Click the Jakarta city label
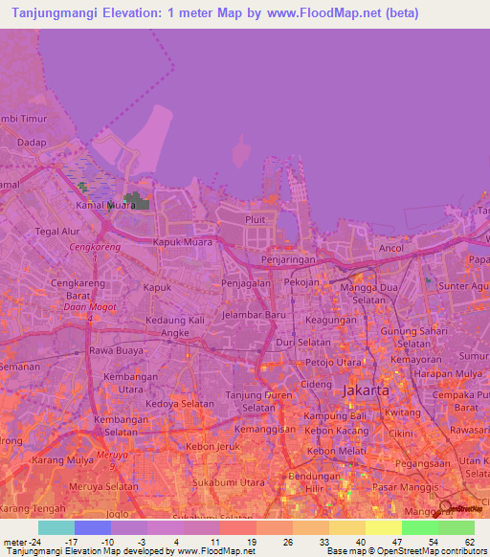pos(366,391)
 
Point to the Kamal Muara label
pos(105,205)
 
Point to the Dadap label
pos(32,143)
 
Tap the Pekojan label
pos(301,284)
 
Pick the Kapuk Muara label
pos(179,242)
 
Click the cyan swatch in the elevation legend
pos(56,527)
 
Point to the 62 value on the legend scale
pos(469,542)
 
